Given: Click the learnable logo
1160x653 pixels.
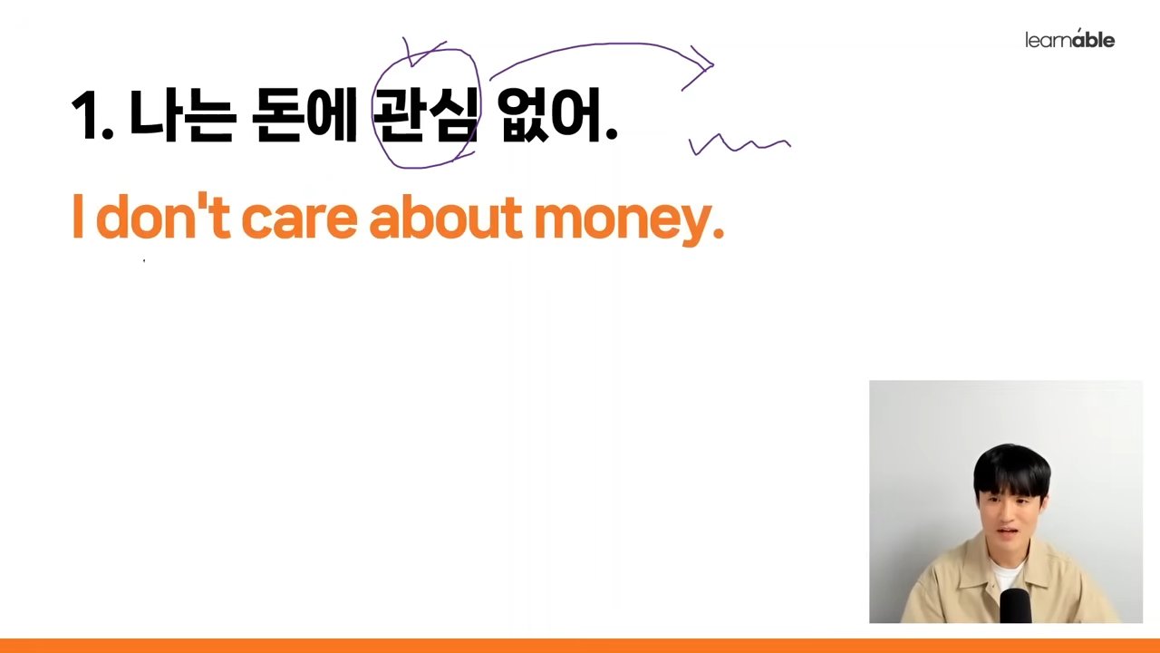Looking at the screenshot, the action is click(x=1070, y=39).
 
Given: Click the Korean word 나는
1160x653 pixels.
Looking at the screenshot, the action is click(x=182, y=114).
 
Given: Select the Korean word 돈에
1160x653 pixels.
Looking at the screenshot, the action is click(x=304, y=114).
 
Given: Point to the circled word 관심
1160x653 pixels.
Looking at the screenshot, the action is click(x=426, y=114).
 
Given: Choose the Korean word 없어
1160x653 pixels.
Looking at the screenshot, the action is click(x=549, y=114).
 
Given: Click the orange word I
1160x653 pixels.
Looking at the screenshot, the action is click(x=78, y=216).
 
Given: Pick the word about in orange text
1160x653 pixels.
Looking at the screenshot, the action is click(x=445, y=216).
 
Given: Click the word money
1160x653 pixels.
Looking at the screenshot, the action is click(x=623, y=224).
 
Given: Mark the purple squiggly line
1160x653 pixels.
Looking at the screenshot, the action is click(x=739, y=145).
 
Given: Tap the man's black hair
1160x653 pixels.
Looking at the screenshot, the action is click(x=1011, y=469).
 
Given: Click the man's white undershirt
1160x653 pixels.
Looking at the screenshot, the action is click(x=1007, y=574).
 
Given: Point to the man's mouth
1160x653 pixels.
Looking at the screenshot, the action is click(x=1008, y=531).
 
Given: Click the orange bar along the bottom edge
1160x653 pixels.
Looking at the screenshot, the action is click(x=580, y=646).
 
